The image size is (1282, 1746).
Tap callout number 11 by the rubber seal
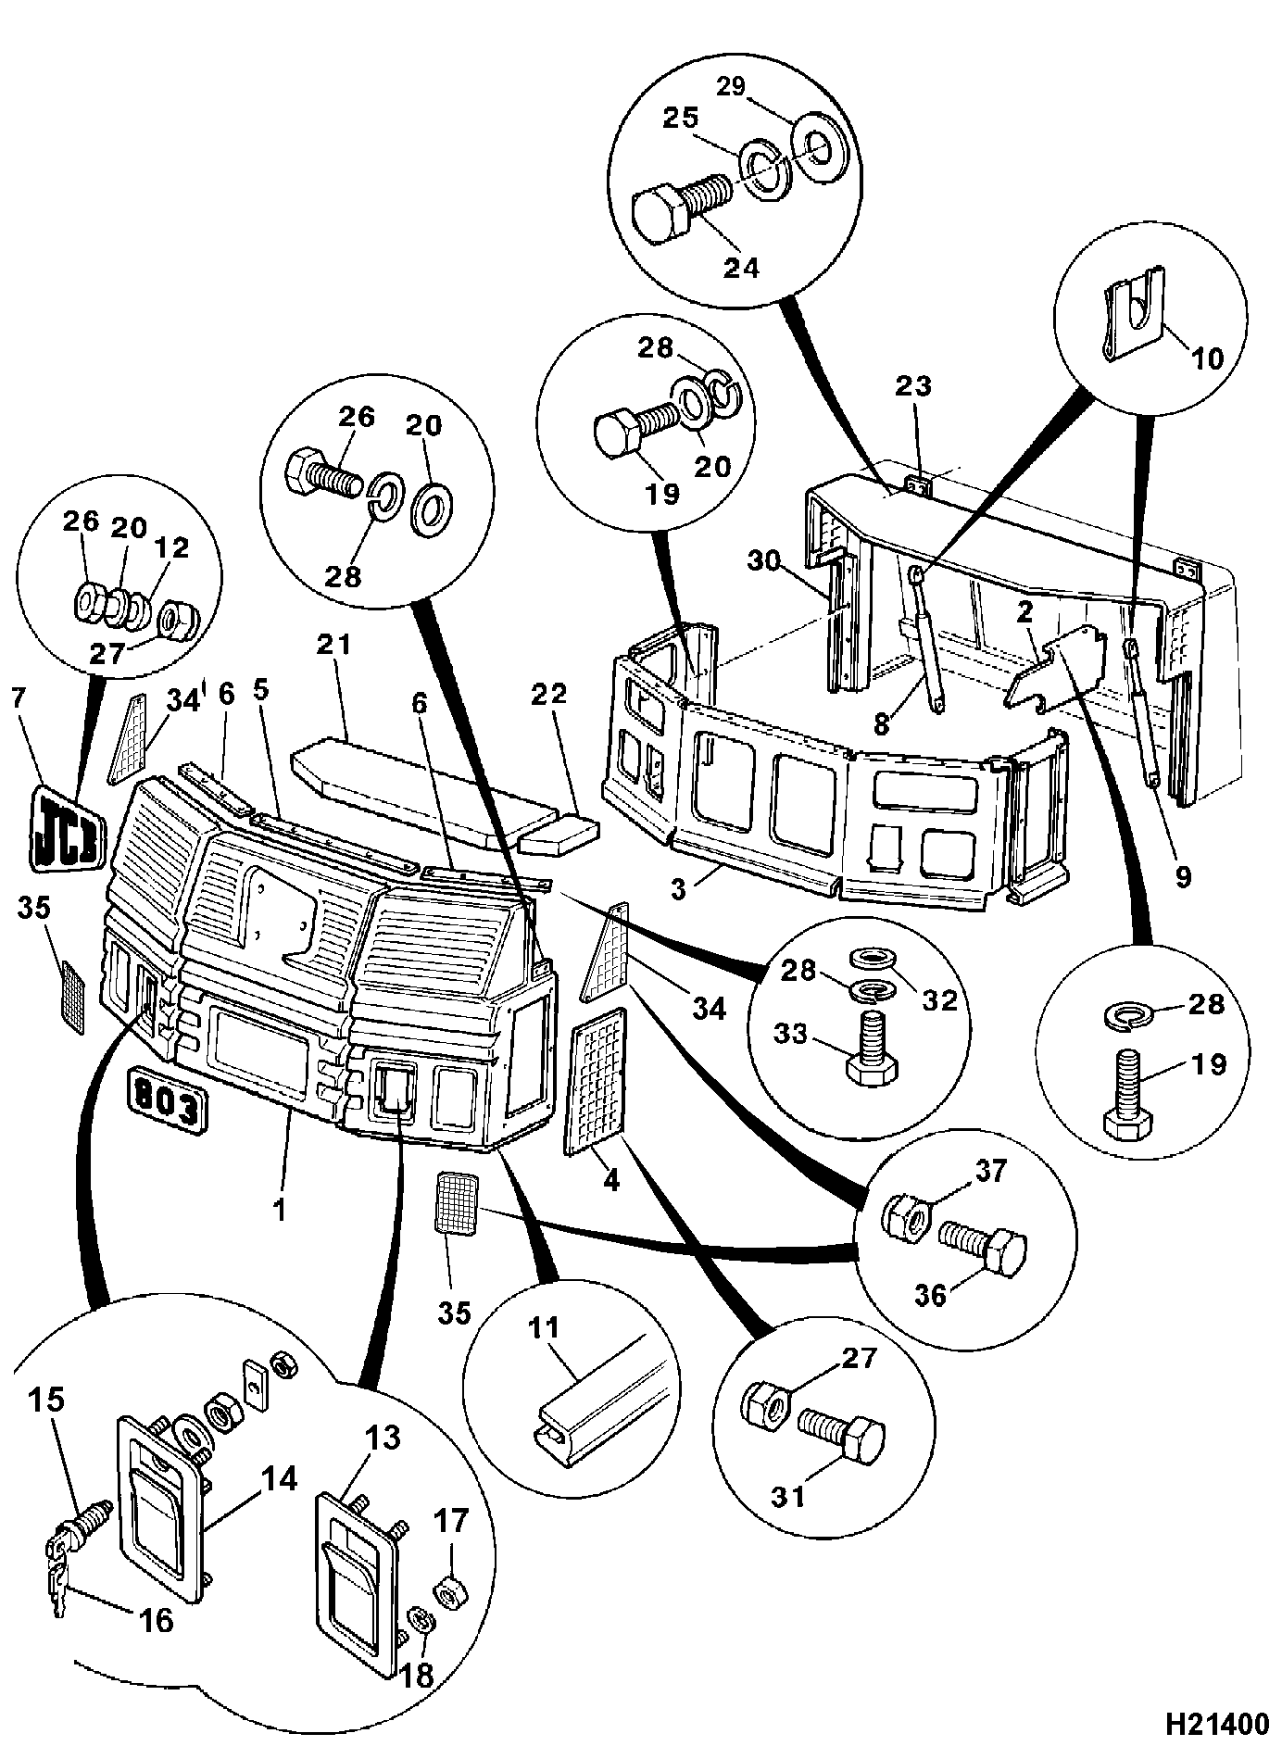click(x=544, y=1326)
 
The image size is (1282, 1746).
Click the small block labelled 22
click(x=558, y=833)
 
